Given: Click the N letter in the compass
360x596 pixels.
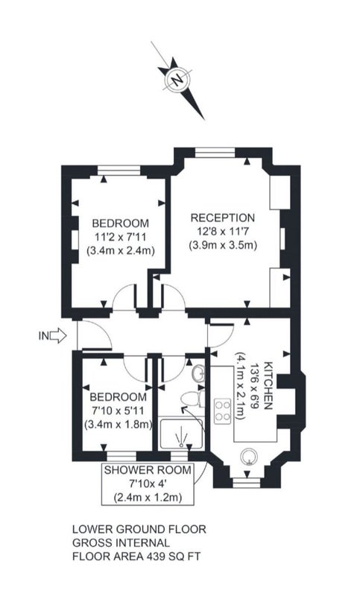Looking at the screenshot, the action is coord(177,80).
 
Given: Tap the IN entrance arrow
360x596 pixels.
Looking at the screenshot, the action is coord(58,336).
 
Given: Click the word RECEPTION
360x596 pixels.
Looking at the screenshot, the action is coord(223,218).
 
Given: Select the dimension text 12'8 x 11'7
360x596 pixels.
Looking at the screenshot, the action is coord(223,232).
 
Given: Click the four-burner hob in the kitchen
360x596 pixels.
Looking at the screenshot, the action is coord(222,411).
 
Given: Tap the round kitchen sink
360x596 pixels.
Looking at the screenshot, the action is coord(250,456).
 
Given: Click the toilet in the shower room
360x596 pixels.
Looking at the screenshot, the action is coord(192,399).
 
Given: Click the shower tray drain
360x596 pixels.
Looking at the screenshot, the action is coord(182,445).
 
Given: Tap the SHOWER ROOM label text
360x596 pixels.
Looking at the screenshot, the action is coord(148,470).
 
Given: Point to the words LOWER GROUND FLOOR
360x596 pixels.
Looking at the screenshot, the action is coord(139,529).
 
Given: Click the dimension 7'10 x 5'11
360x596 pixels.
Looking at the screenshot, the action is coord(118,410).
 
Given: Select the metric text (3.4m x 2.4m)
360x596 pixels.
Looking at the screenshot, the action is coord(121,251).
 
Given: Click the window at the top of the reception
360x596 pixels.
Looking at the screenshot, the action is coord(215,153).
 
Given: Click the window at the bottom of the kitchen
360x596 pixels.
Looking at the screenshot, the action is coord(247,483).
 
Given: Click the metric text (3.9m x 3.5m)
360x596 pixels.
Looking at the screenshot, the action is coord(223,245).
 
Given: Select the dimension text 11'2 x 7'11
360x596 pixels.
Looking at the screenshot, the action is coord(121,237).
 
